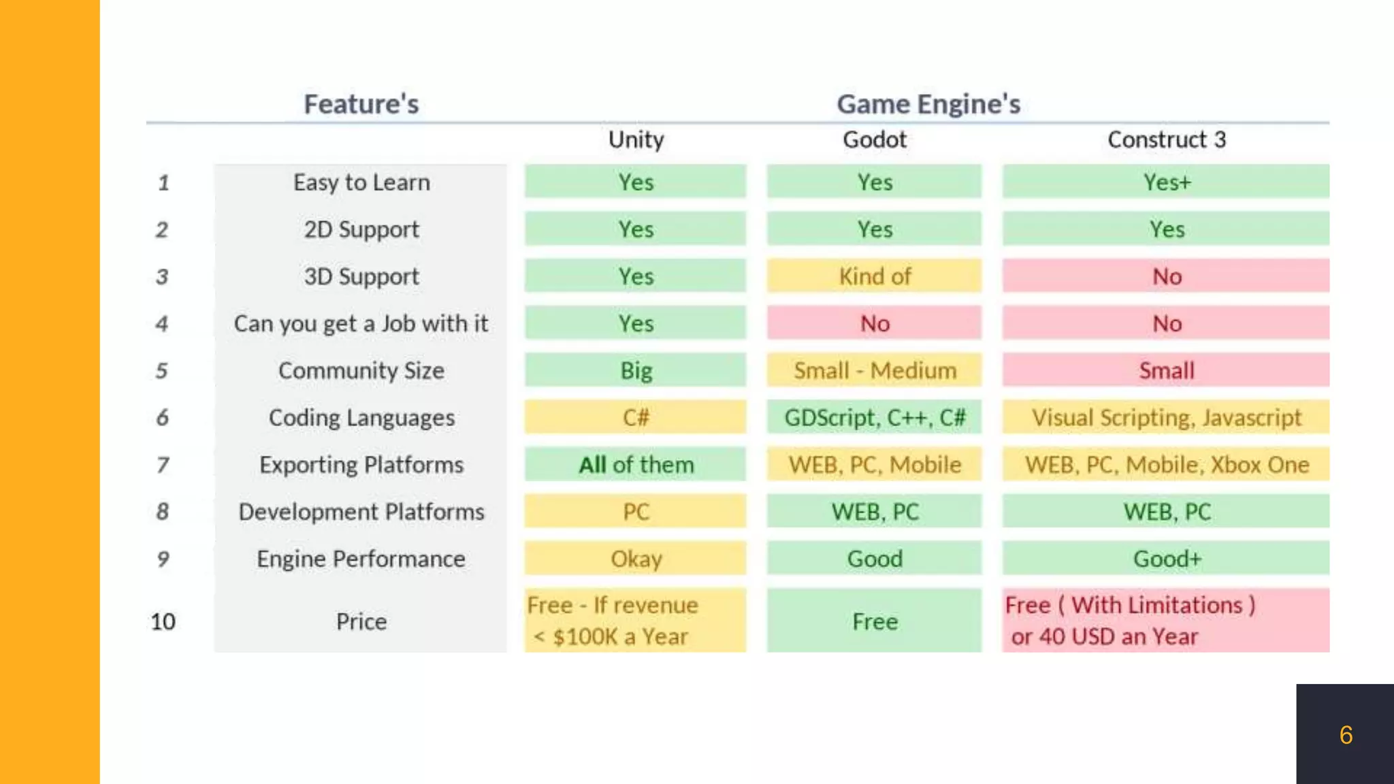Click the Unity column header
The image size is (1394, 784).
coord(636,140)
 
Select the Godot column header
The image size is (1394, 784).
coord(874,140)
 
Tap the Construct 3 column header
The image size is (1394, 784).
coord(1166,140)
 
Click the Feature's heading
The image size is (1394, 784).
coord(361,104)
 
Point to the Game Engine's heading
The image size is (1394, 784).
coord(928,104)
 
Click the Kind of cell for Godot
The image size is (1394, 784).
coord(874,276)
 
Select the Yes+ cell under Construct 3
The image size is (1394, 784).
coord(1166,182)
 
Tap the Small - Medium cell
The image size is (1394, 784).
coord(874,370)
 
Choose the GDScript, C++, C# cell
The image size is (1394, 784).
coord(874,417)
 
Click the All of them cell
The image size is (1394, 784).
coord(636,465)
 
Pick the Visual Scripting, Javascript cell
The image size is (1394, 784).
coord(1166,417)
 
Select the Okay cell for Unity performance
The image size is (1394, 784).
coord(636,559)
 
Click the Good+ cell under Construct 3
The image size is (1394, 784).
coord(1166,559)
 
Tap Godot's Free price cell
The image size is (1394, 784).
coord(874,621)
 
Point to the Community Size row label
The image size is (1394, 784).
coord(361,370)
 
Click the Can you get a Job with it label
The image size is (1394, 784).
coord(361,323)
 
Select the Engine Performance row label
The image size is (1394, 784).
coord(361,559)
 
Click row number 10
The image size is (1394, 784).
coord(163,621)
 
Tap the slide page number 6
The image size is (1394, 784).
coord(1346,735)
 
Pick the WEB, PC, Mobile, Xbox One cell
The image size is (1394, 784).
coord(1166,465)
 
